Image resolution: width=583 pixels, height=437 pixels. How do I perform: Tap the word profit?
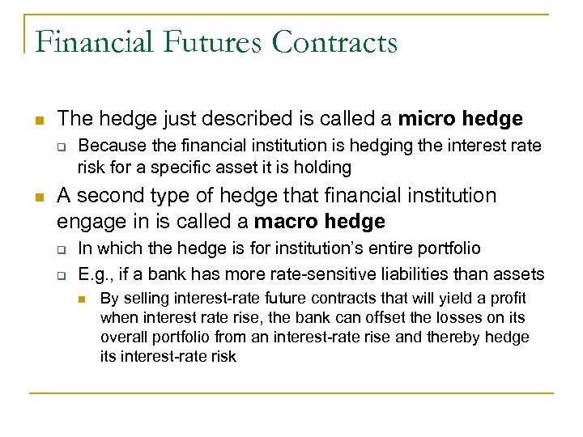coord(505,299)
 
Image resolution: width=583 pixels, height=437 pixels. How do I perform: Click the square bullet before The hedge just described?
coord(38,120)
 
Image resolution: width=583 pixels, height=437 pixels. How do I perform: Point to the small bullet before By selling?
coord(83,299)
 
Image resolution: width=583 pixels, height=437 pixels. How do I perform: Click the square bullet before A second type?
coord(38,197)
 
